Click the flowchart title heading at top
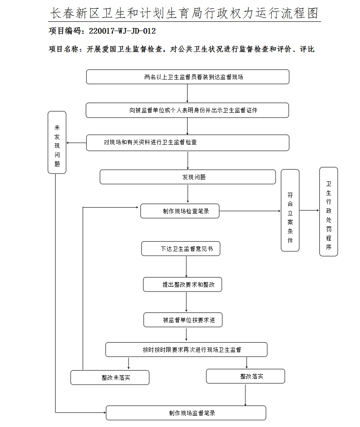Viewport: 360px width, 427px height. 184,14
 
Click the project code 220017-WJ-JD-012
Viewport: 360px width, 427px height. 122,31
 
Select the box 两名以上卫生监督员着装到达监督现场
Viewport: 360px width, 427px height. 187,77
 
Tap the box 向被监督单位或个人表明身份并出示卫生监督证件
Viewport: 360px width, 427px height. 187,110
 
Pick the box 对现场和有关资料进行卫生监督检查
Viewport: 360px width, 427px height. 187,142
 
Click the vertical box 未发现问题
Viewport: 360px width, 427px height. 57,142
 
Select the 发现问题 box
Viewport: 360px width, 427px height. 188,177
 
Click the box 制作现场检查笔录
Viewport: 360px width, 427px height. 180,211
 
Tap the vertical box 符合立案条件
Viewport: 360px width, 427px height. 290,210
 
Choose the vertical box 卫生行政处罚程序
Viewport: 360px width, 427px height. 329,212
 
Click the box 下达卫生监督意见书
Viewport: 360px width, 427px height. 180,249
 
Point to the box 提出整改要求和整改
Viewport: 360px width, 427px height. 182,285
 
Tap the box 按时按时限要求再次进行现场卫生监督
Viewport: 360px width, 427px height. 186,350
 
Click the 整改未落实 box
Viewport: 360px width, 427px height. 110,378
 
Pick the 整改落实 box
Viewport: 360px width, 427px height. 245,376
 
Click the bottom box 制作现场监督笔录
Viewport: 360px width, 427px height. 186,413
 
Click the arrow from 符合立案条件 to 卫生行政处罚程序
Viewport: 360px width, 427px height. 309,210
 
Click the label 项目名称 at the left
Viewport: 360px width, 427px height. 64,49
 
